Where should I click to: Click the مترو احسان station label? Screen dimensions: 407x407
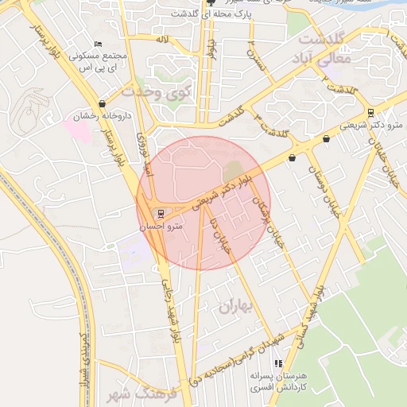(162, 227)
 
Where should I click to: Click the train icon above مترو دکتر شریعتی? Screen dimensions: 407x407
(370, 112)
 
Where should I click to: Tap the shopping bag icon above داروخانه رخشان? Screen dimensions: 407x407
(102, 104)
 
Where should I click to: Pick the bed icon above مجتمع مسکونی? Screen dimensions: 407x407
(98, 44)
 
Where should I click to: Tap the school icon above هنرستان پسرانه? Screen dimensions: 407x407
(277, 364)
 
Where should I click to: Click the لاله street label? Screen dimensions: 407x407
(162, 38)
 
